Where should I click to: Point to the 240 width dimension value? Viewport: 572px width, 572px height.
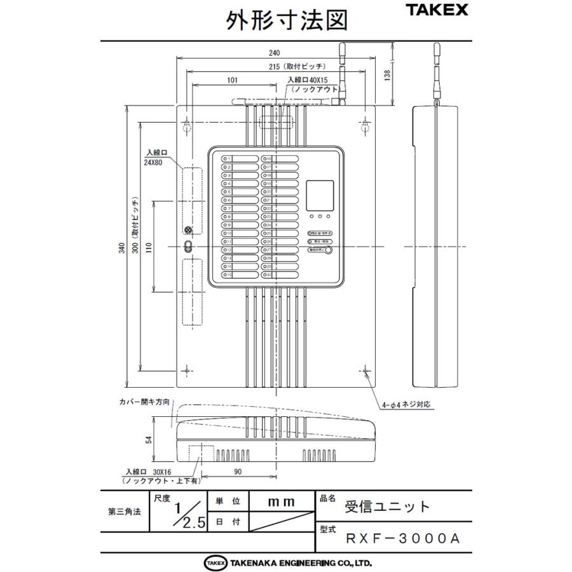click(275, 53)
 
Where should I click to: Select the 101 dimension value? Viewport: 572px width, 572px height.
click(232, 80)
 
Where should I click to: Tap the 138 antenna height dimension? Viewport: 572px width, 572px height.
click(387, 74)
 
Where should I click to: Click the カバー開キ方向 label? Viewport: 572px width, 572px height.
click(144, 402)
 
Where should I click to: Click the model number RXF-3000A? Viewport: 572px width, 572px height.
click(402, 538)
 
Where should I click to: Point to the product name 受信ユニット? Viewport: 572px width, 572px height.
click(387, 507)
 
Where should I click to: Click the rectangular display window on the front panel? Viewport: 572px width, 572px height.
click(321, 195)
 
